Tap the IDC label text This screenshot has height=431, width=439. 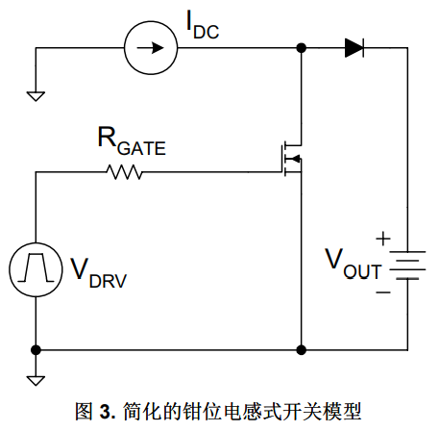click(203, 25)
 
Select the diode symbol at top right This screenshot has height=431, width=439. click(354, 48)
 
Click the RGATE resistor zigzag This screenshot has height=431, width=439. click(124, 172)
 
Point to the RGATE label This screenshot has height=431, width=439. click(132, 141)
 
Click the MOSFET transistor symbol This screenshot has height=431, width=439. click(291, 159)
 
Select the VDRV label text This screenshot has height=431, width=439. click(99, 273)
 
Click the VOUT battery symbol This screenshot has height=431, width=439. click(407, 266)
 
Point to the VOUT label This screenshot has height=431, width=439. click(354, 264)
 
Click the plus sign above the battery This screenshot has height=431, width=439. click(383, 239)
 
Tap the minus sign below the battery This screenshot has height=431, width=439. click(383, 292)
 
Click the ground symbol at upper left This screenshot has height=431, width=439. click(36, 96)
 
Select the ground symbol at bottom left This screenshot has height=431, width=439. click(36, 381)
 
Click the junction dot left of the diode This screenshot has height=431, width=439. click(302, 48)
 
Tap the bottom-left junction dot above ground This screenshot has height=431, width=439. click(36, 350)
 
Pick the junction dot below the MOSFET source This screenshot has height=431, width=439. click(302, 350)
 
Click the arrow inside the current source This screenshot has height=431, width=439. click(151, 48)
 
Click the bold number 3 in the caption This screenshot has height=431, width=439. click(105, 412)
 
